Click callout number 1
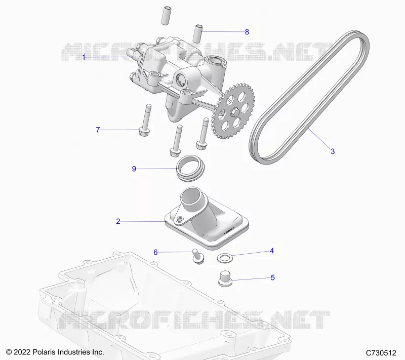(x=84, y=57)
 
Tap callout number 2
(x=118, y=221)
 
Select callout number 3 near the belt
(x=333, y=151)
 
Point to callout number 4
(x=272, y=251)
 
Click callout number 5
(x=273, y=277)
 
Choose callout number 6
(x=155, y=252)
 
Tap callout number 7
(x=98, y=130)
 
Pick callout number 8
(x=247, y=32)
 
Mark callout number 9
(x=134, y=169)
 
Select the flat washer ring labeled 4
(x=224, y=258)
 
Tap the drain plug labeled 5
(x=225, y=278)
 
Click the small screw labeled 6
(x=198, y=256)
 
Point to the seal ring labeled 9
(x=190, y=168)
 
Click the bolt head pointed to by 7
(x=144, y=132)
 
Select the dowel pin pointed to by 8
(x=198, y=34)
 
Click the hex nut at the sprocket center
(x=234, y=111)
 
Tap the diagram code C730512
(x=381, y=353)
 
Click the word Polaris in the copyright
(x=45, y=352)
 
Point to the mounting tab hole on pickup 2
(x=180, y=220)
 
